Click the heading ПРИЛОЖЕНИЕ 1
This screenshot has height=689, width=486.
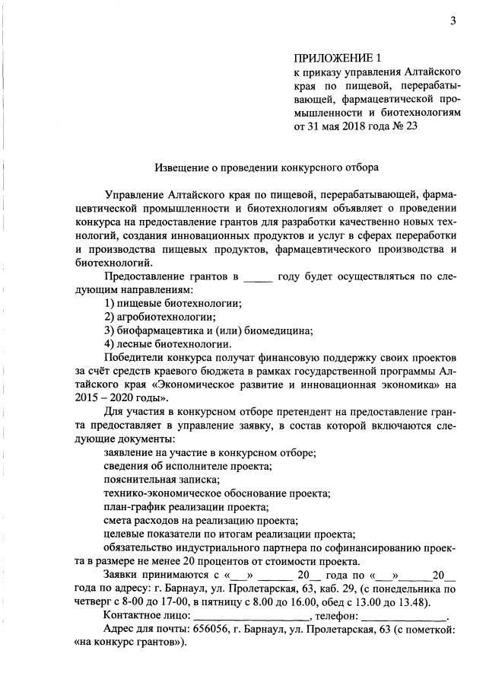(335, 58)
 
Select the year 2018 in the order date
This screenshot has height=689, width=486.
(359, 126)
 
